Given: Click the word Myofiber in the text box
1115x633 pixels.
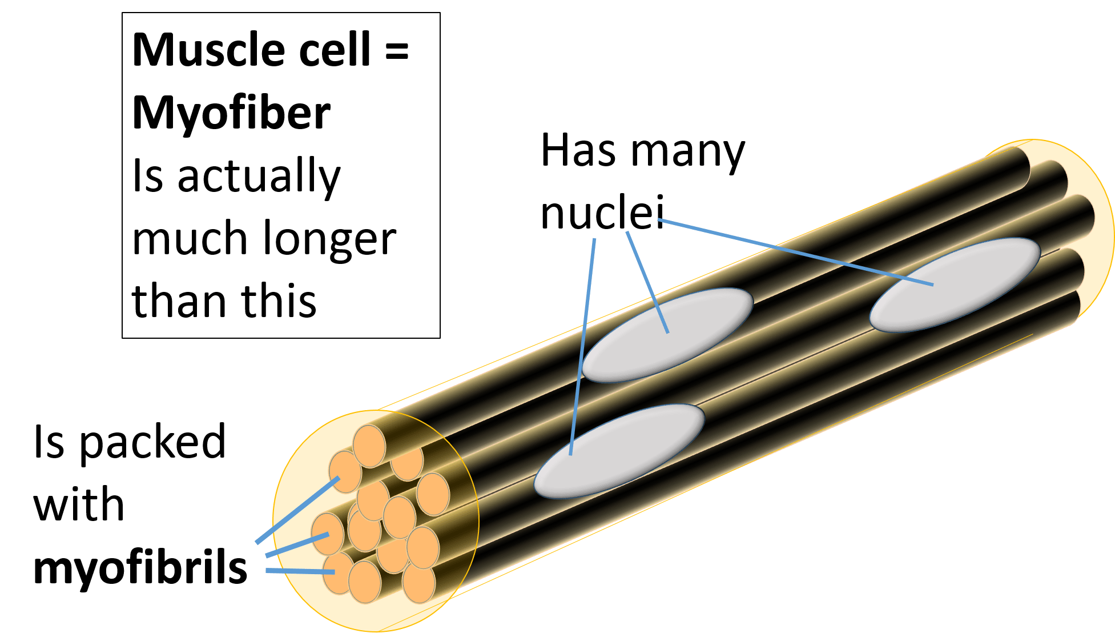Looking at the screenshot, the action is pos(231,113).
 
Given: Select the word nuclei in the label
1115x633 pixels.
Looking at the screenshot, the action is pos(602,213).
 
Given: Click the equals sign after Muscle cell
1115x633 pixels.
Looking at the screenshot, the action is pos(396,50).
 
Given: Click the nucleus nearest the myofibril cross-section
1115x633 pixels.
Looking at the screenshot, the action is pos(619,450).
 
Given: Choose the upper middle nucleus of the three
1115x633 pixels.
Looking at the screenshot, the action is pos(667,334).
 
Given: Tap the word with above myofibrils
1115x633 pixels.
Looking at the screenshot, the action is pos(79,505).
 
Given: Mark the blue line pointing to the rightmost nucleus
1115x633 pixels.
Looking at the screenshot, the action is pos(799,252).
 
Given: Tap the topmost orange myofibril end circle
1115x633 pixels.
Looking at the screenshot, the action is pos(369,446).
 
